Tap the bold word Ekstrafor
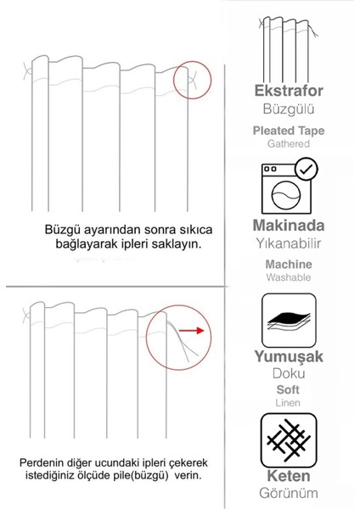(288, 92)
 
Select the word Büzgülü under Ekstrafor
(288, 110)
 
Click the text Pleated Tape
(288, 131)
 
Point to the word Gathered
(288, 145)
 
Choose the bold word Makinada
(288, 227)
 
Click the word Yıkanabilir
(288, 246)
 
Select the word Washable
(288, 277)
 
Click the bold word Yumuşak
(288, 357)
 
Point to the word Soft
(288, 389)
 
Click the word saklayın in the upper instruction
(177, 244)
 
